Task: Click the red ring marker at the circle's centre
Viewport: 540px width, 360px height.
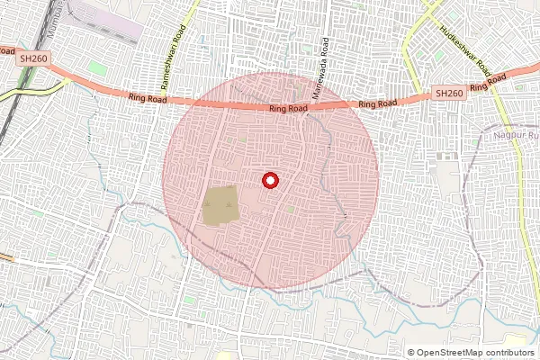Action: click(x=269, y=180)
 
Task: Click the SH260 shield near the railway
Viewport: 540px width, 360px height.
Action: click(x=32, y=58)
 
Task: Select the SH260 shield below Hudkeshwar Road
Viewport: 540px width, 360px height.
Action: click(x=449, y=93)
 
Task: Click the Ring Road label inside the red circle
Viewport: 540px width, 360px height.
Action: click(x=288, y=108)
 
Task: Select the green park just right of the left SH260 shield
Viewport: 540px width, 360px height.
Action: click(x=96, y=67)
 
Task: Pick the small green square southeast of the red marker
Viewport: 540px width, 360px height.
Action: click(x=290, y=209)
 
